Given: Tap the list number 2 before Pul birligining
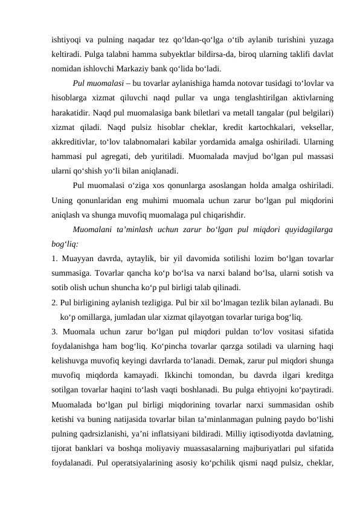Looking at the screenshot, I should (x=54, y=300).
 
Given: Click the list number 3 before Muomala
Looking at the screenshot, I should (x=54, y=329).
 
